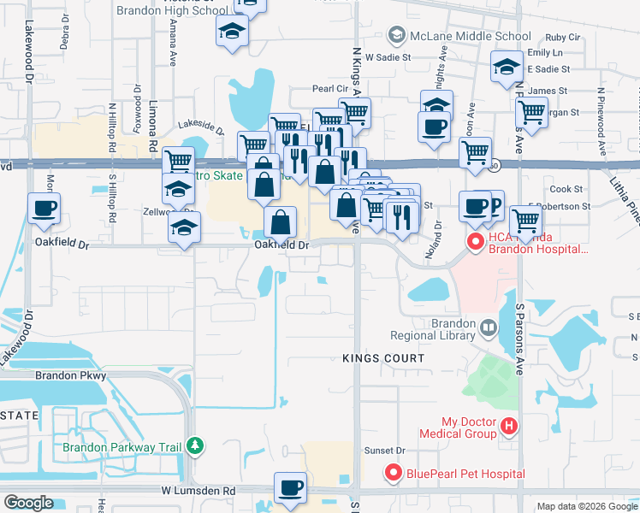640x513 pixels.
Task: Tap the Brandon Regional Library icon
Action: point(488,327)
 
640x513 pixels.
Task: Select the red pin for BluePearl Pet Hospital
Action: point(394,472)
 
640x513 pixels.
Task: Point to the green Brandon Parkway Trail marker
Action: point(196,445)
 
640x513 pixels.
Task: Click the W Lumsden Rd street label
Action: point(198,491)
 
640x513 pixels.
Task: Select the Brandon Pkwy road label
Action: point(70,375)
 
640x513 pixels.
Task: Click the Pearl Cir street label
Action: point(329,88)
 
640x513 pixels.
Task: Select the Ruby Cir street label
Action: point(562,38)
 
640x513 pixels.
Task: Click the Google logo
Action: point(28,503)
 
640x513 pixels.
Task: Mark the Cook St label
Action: point(566,189)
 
